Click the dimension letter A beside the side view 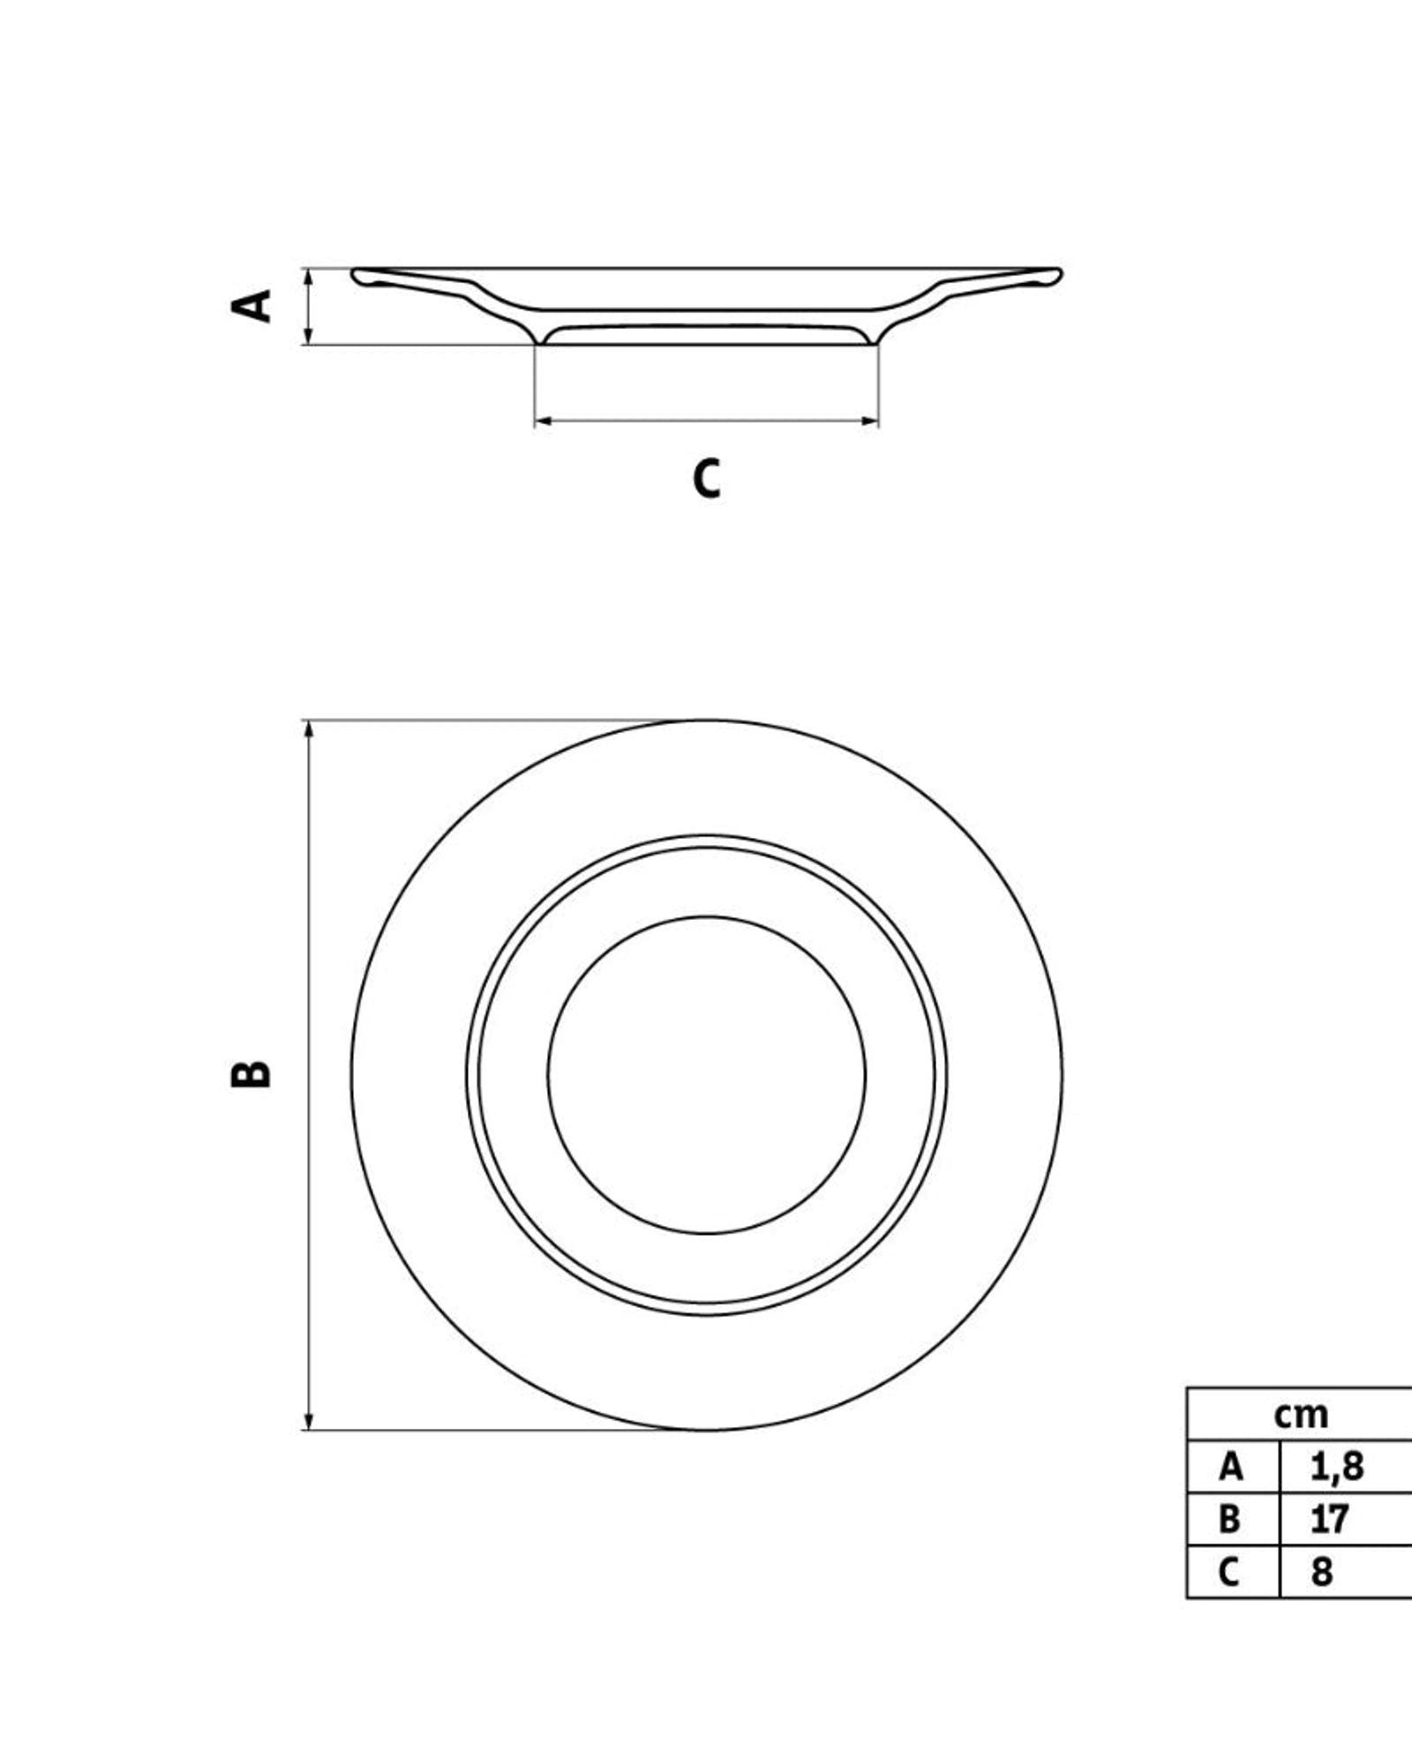point(252,305)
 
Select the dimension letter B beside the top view point(252,1073)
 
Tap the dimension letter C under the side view point(706,479)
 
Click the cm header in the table point(1301,1415)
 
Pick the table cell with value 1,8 point(1337,1467)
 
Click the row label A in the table point(1231,1467)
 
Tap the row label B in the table point(1229,1520)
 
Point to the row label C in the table point(1228,1572)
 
